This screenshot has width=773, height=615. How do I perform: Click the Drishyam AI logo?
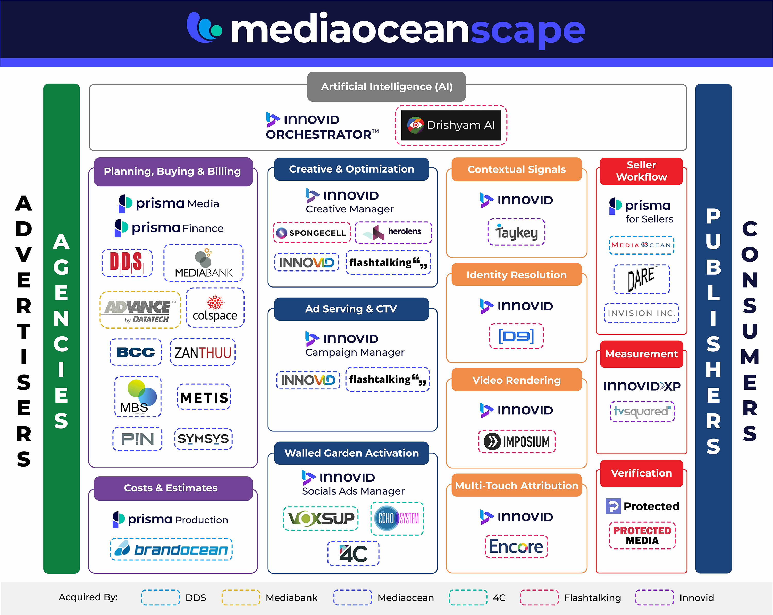[451, 125]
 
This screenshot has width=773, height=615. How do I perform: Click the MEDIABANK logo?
[203, 263]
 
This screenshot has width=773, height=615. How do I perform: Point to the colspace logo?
[215, 308]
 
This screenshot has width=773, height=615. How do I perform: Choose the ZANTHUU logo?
[203, 352]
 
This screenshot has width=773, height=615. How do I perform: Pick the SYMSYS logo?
[203, 438]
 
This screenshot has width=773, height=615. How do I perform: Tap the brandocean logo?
[171, 549]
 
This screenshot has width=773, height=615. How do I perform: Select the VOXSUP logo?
[321, 519]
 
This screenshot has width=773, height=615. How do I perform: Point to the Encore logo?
[516, 546]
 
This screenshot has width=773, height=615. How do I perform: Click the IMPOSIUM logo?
[517, 441]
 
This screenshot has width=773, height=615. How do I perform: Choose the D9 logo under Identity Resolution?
[516, 336]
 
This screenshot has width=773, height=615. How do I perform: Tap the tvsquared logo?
[642, 411]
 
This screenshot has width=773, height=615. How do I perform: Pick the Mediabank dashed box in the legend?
[241, 597]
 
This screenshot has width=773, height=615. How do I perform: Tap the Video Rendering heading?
[516, 380]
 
